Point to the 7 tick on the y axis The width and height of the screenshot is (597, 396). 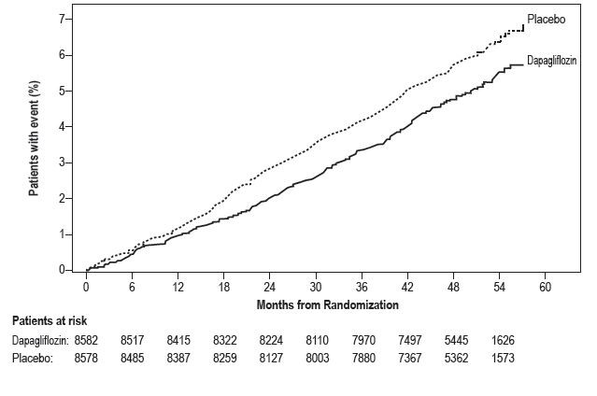[65, 19]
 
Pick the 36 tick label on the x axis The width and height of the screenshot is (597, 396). [361, 287]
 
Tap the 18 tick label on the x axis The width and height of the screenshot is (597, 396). [223, 287]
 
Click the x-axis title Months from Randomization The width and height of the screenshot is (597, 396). [327, 304]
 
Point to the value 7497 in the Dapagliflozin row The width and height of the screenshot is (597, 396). [410, 341]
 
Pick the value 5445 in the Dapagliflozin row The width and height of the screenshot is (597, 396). [455, 341]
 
